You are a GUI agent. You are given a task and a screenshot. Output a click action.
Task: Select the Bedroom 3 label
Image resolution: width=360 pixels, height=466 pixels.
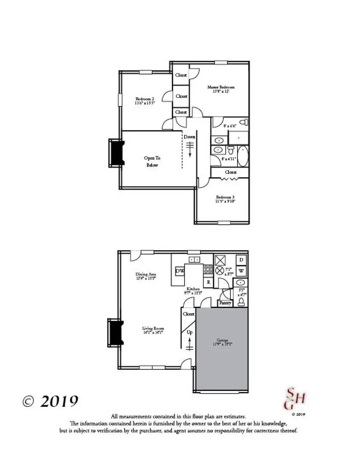225,197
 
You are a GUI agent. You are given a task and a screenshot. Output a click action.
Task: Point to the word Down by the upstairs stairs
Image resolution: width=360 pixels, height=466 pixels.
189,137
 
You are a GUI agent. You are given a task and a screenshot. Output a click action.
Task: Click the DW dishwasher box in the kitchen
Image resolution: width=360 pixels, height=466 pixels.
180,271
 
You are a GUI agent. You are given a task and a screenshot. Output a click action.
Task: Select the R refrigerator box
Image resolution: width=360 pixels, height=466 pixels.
208,282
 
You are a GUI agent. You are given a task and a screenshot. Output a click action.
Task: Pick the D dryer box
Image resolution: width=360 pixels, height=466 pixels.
241,260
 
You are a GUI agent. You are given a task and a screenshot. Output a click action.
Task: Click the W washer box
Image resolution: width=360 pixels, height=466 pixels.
241,271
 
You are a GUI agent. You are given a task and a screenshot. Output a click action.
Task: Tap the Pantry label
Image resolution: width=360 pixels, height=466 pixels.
225,303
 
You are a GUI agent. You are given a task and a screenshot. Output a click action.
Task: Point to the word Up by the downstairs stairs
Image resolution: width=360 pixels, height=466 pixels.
189,332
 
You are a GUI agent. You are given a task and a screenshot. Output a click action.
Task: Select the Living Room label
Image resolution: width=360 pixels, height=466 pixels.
153,328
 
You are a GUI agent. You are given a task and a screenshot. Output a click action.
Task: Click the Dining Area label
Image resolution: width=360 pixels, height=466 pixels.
146,274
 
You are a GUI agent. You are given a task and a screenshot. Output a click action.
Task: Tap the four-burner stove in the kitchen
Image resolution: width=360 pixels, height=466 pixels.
208,270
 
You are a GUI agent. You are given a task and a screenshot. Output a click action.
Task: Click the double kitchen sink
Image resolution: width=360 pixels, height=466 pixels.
194,259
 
